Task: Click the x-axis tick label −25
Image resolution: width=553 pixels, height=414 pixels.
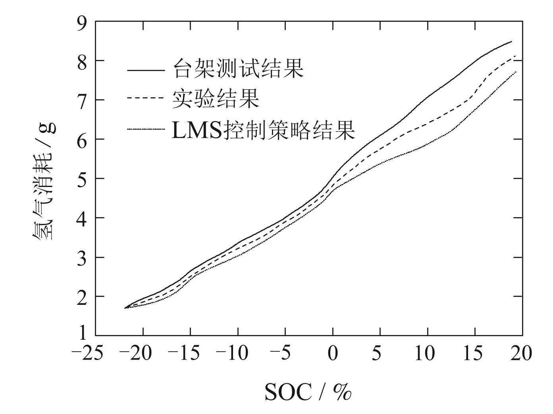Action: tap(88, 353)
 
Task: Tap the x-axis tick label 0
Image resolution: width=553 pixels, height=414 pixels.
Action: tap(333, 353)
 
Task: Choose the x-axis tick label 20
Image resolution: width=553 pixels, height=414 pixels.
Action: tap(521, 353)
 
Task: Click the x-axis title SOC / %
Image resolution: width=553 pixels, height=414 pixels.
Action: tap(308, 393)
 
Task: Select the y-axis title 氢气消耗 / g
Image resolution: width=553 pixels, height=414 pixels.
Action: tap(43, 181)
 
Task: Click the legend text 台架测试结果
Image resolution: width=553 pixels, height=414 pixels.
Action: tap(238, 69)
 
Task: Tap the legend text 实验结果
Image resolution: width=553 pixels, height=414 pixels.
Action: tap(216, 99)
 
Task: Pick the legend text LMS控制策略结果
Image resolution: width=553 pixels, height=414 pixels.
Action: tap(263, 130)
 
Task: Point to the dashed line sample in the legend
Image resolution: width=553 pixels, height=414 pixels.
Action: tap(145, 97)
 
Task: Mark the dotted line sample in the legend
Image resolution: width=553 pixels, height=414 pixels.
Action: tap(145, 129)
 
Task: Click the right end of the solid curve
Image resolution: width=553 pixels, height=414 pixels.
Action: tap(512, 41)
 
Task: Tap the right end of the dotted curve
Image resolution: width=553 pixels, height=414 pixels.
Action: tap(516, 72)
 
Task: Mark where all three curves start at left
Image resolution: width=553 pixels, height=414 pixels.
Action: tap(125, 308)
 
